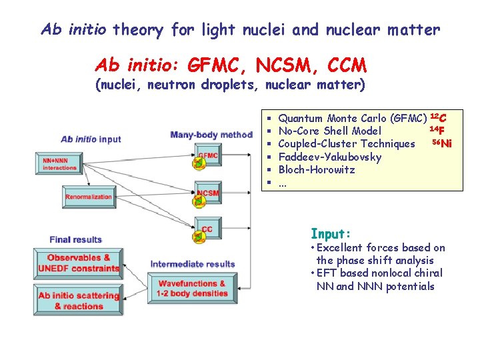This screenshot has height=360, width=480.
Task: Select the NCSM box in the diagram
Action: (207, 193)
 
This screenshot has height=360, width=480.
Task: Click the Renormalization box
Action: (89, 197)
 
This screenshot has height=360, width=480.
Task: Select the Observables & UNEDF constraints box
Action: (78, 263)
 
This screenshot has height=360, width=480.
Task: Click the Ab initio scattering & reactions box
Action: (78, 301)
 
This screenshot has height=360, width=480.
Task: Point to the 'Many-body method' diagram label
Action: (211, 135)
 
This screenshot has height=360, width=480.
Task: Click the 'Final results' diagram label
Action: (75, 239)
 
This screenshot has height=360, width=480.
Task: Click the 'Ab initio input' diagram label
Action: (91, 139)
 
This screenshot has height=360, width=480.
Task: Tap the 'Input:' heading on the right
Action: (330, 234)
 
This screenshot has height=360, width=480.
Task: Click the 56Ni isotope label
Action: (442, 143)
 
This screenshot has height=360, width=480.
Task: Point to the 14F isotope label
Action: (437, 130)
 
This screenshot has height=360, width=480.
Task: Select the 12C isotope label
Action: (438, 118)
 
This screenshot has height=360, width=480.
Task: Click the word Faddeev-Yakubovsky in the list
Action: (329, 157)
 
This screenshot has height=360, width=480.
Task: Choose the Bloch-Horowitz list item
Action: (316, 169)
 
